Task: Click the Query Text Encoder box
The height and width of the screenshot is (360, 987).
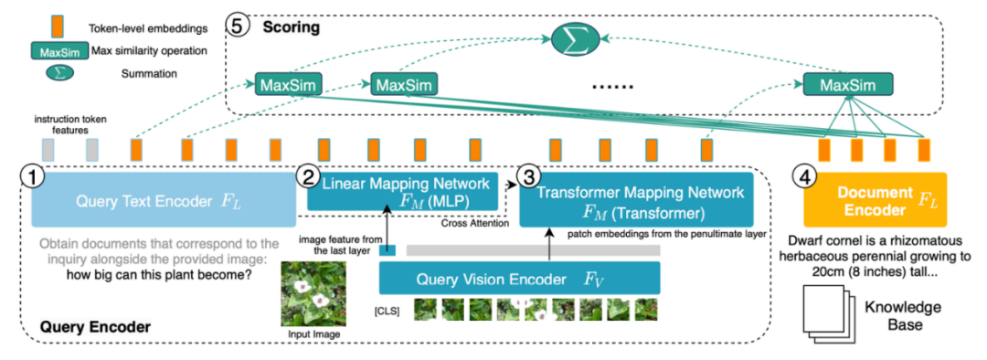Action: tap(164, 199)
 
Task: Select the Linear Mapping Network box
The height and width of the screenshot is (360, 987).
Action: tap(402, 191)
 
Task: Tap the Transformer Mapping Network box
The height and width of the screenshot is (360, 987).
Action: tap(636, 199)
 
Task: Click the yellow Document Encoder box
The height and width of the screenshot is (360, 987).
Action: tap(875, 199)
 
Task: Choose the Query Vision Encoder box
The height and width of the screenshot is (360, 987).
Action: tap(519, 278)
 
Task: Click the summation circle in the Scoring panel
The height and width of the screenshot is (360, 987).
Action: tap(576, 39)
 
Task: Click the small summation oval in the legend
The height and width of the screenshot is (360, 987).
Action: tap(58, 73)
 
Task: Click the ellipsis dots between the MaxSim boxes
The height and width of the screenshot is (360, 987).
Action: tap(609, 86)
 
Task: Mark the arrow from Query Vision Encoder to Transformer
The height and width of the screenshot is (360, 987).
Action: tap(551, 244)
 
